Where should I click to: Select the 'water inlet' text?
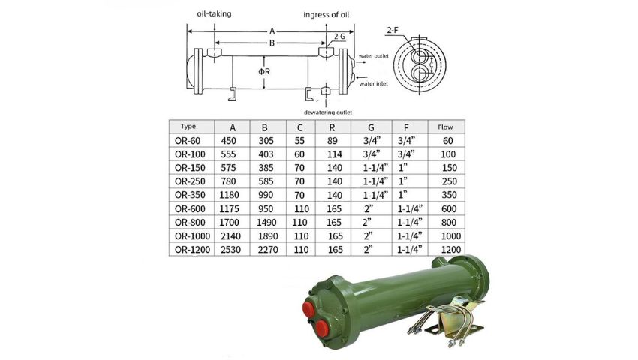pos(376,83)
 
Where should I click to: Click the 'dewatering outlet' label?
pos(327,112)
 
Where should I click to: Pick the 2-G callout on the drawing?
pos(339,36)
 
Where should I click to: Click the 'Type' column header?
pos(188,126)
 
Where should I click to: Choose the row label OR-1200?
pos(193,248)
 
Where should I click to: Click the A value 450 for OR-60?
pos(229,140)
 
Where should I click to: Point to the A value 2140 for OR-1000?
pos(232,235)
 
